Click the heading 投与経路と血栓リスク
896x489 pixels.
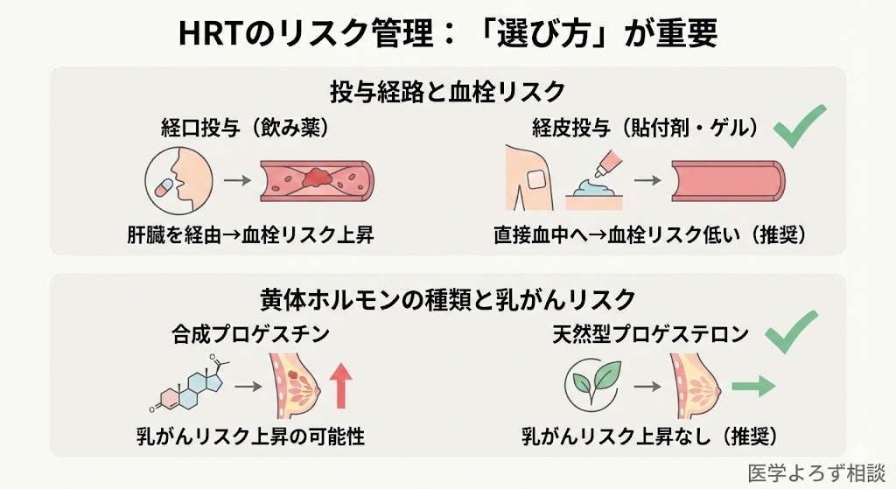coord(447,91)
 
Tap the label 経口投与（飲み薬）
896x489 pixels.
coord(239,128)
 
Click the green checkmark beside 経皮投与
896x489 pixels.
coord(799,126)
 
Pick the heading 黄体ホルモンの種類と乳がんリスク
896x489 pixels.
coord(447,299)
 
